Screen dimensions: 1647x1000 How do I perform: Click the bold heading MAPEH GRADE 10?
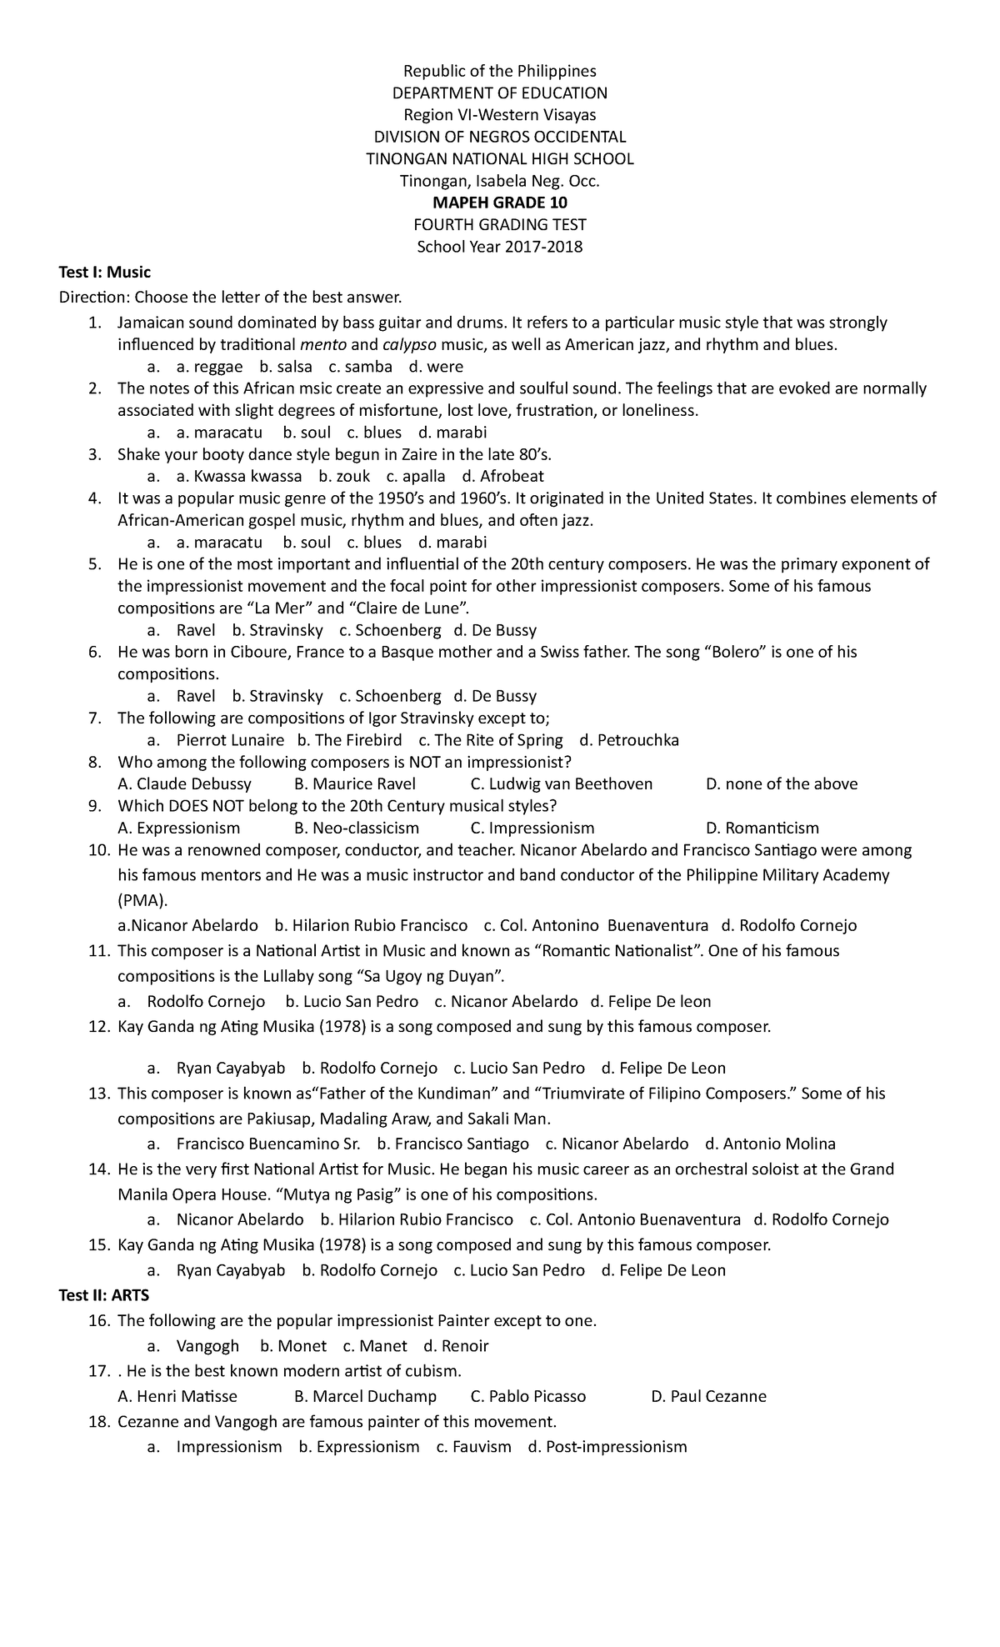point(500,203)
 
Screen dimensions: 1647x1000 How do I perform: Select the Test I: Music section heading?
point(104,272)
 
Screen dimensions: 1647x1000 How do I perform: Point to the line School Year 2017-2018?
point(500,246)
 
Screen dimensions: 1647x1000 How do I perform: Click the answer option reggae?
point(218,367)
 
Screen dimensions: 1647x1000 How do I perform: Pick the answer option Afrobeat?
point(510,477)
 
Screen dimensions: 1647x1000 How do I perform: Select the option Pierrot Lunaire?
point(230,740)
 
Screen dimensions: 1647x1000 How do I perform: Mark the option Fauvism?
point(482,1447)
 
